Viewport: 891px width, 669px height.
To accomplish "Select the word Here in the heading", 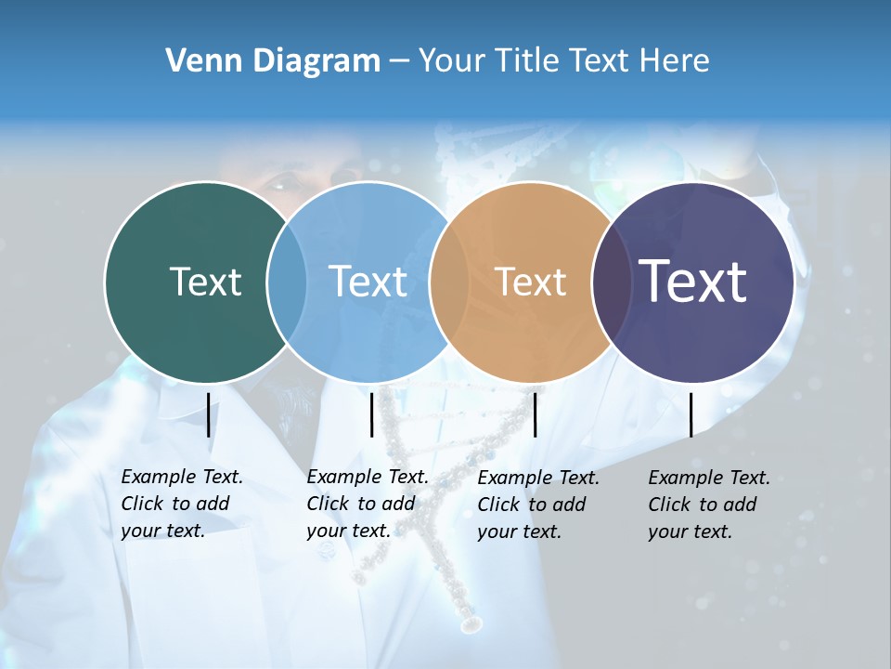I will tap(676, 61).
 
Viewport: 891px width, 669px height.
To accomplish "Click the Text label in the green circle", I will tap(205, 282).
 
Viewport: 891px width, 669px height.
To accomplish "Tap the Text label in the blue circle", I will tap(368, 282).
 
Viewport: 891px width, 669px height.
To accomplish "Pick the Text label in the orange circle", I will tap(530, 282).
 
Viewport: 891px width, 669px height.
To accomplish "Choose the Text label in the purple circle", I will tap(692, 281).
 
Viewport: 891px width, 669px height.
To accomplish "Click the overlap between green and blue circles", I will tap(287, 282).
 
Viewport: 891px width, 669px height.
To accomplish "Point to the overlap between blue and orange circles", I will tap(449, 282).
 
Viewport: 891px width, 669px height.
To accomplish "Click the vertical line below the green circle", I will tap(209, 414).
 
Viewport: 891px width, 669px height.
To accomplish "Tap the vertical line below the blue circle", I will tap(371, 414).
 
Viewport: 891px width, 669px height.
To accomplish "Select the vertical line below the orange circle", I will tap(535, 414).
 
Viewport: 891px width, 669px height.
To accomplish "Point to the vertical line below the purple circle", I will tap(691, 414).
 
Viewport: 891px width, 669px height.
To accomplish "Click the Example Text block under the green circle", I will tap(182, 504).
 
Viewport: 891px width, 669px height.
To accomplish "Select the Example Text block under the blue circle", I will tap(368, 504).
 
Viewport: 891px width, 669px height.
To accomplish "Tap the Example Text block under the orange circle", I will tap(538, 505).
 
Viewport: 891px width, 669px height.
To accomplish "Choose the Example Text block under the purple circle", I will tap(709, 505).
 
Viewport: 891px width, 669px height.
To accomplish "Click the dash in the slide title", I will tap(399, 62).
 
